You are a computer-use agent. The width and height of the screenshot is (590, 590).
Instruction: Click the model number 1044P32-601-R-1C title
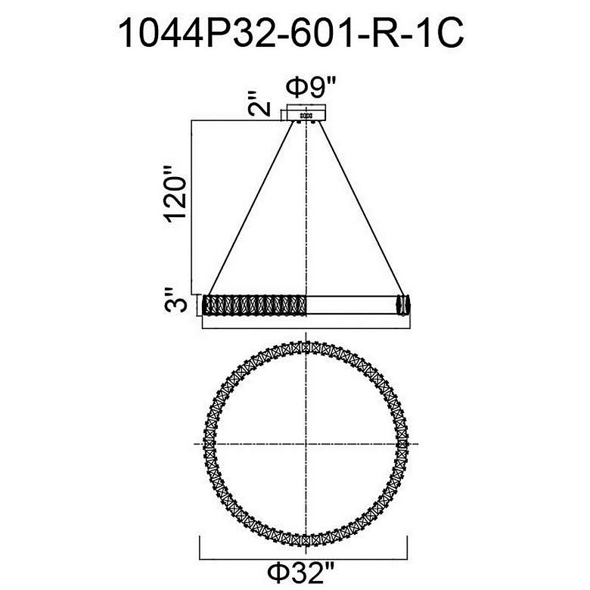[290, 34]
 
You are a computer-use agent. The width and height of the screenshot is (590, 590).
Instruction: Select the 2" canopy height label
[260, 104]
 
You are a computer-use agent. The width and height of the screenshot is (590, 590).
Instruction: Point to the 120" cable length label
[175, 194]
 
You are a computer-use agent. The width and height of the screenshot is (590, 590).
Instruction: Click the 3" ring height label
[175, 300]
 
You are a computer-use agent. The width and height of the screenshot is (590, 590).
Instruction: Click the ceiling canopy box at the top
[306, 113]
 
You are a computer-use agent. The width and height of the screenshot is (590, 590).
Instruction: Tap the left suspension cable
[251, 208]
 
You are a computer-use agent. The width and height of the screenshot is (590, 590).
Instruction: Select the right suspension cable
[362, 208]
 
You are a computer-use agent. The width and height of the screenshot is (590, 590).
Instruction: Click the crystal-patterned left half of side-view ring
[254, 305]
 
